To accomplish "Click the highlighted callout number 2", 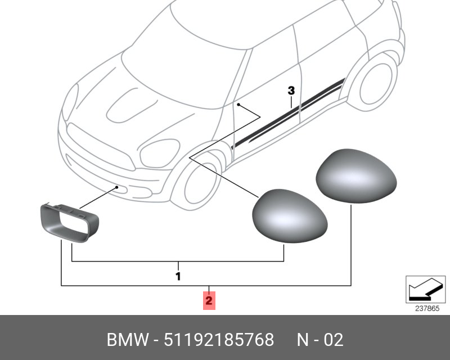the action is coord(209,300).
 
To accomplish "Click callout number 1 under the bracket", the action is coord(178,276).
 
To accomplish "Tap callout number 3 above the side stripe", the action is coord(290,91).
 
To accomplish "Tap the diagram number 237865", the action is coord(427,308).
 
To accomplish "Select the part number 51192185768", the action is coord(219,340).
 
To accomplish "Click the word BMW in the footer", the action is coord(128,340).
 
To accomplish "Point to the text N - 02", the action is coord(319,340).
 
